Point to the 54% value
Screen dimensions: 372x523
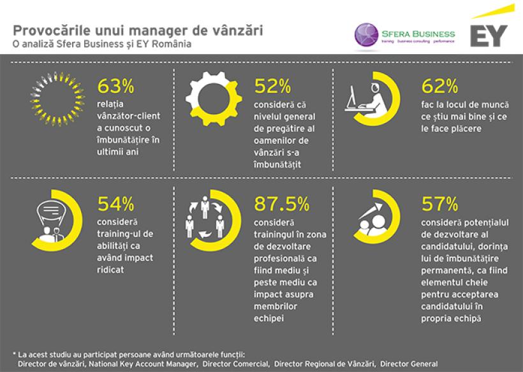(115, 204)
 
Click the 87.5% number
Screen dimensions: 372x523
(281, 204)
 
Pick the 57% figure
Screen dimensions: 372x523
(440, 204)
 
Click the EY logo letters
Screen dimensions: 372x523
(489, 36)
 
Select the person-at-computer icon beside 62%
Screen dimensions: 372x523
(364, 101)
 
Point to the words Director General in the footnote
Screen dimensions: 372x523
(409, 364)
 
